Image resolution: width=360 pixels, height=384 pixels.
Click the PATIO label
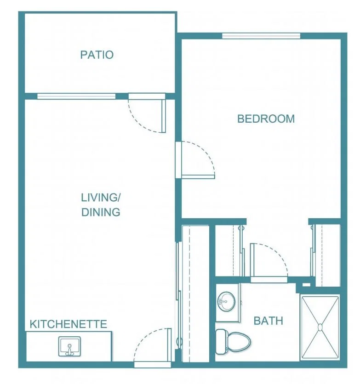pos(97,55)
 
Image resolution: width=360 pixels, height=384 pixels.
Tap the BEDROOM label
pos(266,119)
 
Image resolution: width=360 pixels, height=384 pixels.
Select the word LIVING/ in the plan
pos(101,198)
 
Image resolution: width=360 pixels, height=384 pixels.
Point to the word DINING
pos(101,212)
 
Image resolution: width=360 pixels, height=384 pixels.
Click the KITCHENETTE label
pos(69,324)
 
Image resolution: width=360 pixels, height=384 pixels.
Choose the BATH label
pos(269,321)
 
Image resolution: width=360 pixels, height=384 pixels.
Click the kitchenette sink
pos(69,346)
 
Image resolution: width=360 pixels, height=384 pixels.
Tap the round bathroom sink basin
pos(227,301)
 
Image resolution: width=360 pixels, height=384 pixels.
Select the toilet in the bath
pos(233,341)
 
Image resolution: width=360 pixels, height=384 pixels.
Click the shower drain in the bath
pos(320,327)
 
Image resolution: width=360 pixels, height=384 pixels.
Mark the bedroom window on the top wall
pos(261,36)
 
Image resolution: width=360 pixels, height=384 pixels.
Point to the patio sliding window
pos(76,96)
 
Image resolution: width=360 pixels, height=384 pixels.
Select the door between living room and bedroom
pos(195,160)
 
